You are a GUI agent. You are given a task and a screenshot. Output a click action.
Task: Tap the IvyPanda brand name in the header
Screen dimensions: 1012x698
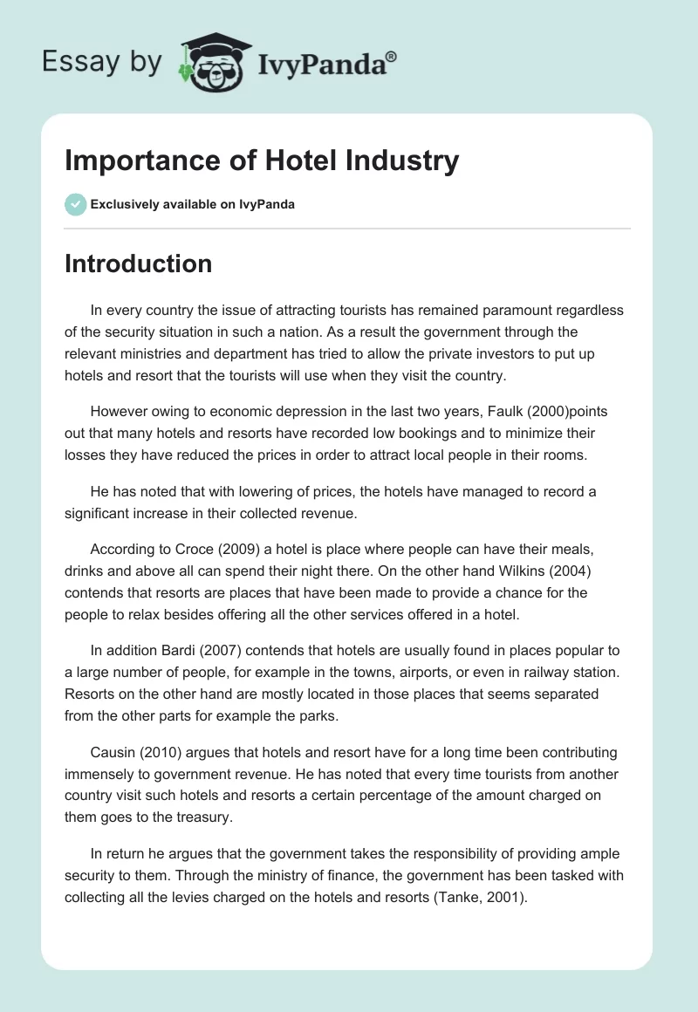click(322, 62)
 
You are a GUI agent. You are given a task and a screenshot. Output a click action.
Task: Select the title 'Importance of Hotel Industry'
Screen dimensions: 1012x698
click(262, 161)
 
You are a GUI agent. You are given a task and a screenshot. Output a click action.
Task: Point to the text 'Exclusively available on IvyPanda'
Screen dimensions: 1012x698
click(193, 205)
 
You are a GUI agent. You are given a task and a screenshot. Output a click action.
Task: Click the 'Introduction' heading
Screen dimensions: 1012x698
click(138, 263)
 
